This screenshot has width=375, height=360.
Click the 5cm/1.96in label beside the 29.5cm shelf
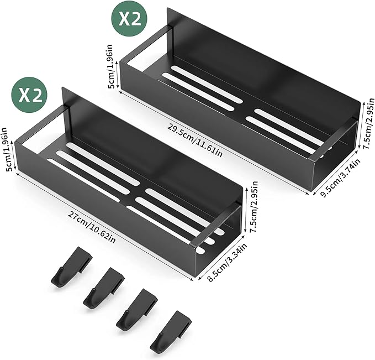click(112, 66)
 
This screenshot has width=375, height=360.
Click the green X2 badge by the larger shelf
click(129, 19)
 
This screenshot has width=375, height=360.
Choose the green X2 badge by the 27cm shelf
click(30, 95)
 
